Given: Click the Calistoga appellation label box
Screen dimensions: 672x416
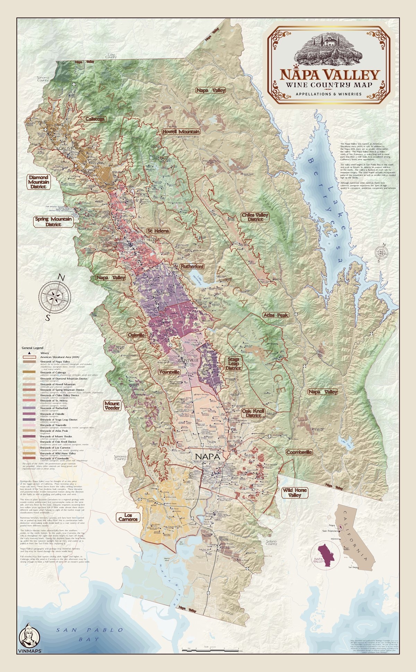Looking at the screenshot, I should tap(95, 119).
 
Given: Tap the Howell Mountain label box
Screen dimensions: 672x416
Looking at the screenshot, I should tap(181, 132).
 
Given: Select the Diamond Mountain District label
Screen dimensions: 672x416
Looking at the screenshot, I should tap(38, 182).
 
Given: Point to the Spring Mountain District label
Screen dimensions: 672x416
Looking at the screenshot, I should tap(53, 222).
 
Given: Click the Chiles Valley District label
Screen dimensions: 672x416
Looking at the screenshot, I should tap(255, 217).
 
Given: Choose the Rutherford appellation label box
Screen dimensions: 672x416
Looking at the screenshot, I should tap(192, 266).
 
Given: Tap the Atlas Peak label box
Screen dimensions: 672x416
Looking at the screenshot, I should tap(276, 315).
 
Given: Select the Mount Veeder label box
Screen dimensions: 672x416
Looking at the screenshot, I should tap(112, 406).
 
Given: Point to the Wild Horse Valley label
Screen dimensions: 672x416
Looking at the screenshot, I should tap(292, 493).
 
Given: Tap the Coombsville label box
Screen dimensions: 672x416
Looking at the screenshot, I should tap(299, 452).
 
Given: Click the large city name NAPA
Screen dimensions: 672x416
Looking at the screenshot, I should tap(208, 457).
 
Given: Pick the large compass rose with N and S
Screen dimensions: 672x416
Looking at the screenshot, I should tap(56, 298).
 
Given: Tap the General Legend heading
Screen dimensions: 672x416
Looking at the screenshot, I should tap(32, 347).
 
